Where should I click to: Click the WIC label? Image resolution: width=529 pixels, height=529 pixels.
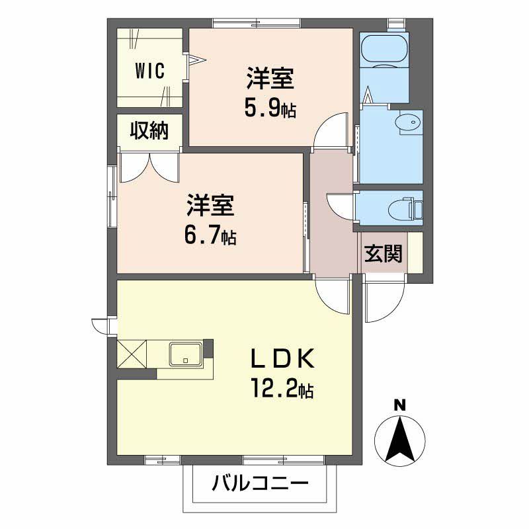pyautogui.click(x=151, y=70)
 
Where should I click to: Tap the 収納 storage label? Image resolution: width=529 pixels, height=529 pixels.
pyautogui.click(x=149, y=131)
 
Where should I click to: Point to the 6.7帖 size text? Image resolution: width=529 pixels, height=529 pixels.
pyautogui.click(x=210, y=235)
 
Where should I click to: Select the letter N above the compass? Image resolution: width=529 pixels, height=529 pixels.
pyautogui.click(x=399, y=405)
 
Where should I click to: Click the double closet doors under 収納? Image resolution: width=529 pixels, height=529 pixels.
pyautogui.click(x=149, y=167)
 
